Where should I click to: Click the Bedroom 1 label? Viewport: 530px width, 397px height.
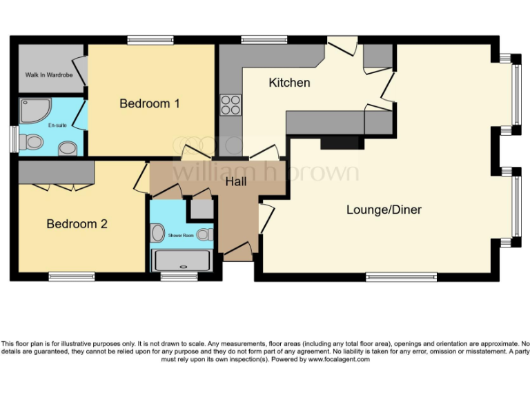[x=150, y=103]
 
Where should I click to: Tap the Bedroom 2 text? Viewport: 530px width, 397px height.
[x=77, y=224]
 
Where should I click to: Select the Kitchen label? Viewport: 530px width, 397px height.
[x=289, y=83]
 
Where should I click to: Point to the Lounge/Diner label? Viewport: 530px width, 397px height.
[x=384, y=210]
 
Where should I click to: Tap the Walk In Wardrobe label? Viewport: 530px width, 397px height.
[x=48, y=74]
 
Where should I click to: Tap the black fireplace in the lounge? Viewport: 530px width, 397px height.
[x=342, y=142]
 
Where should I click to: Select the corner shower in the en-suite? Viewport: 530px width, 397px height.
[x=33, y=111]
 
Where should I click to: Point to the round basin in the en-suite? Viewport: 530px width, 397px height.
[x=67, y=148]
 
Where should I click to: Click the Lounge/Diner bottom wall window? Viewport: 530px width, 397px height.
[x=401, y=277]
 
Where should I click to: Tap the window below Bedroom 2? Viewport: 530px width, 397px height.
[x=72, y=277]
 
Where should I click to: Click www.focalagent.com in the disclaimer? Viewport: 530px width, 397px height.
[x=338, y=360]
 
